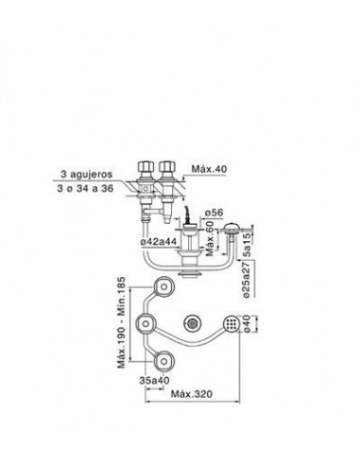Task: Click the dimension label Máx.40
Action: (x=209, y=169)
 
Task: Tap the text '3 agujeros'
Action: (x=87, y=174)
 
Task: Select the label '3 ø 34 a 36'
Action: (x=85, y=189)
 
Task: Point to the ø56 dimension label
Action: (x=214, y=213)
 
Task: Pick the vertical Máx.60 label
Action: (x=210, y=238)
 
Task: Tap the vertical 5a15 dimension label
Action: (x=248, y=245)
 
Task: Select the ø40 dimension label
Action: (x=247, y=323)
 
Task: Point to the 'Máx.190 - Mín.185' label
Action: (x=121, y=322)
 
